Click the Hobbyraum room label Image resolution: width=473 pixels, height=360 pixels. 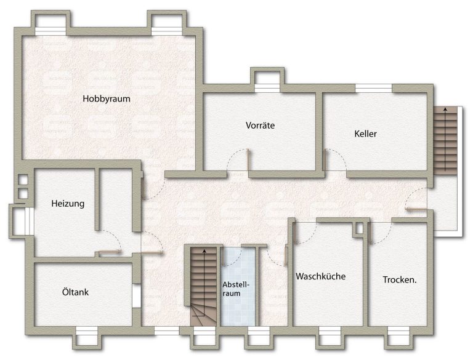[107, 99]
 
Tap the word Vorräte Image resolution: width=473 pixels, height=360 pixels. [260, 125]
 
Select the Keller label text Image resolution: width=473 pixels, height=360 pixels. [365, 134]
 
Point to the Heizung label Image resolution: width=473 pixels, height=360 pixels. [68, 204]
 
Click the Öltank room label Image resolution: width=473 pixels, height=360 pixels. [75, 292]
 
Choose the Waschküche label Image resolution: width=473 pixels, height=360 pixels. [321, 276]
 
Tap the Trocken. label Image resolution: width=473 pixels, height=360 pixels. [400, 280]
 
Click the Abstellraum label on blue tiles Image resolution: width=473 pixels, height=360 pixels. [236, 289]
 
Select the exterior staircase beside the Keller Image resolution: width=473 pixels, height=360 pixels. [445, 140]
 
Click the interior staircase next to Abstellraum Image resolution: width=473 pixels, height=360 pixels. [204, 286]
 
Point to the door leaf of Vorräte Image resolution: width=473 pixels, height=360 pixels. [248, 160]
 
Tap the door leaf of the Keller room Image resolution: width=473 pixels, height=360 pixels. [325, 160]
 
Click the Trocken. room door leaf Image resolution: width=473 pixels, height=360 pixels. [370, 233]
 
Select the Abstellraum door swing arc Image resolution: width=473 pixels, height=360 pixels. [232, 261]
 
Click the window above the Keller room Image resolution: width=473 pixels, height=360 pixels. [373, 88]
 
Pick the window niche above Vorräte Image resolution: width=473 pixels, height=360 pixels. [267, 81]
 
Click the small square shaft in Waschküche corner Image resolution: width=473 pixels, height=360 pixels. [359, 228]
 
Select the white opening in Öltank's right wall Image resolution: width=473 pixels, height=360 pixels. [137, 296]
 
